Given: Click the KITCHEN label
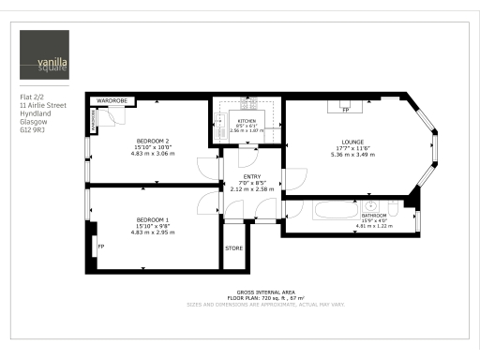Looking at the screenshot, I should (x=247, y=121).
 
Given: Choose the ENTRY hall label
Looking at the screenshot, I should (x=251, y=177).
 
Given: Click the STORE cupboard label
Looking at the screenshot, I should (x=235, y=248).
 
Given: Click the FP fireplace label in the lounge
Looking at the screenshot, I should (x=345, y=111).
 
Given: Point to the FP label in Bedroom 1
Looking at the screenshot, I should (x=100, y=247).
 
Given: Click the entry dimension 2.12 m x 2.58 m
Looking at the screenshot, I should (x=251, y=189).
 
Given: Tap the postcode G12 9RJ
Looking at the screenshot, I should (x=33, y=133).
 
